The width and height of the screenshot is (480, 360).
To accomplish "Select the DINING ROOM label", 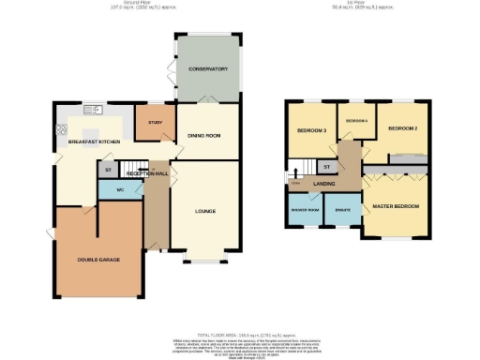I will click(x=203, y=137).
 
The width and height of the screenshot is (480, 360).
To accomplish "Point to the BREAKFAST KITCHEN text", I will click(x=94, y=142).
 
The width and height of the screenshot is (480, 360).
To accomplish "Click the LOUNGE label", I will click(x=204, y=211).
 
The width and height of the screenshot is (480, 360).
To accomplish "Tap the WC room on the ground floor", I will click(x=119, y=190).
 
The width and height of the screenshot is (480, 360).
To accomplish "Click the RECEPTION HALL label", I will click(x=147, y=173).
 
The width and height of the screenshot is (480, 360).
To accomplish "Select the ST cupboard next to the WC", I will click(x=108, y=170).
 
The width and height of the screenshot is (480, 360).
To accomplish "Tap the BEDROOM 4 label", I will click(x=353, y=122).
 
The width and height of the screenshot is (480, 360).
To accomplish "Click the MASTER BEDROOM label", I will click(x=395, y=205).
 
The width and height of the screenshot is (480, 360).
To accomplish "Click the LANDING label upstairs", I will click(x=324, y=184).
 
